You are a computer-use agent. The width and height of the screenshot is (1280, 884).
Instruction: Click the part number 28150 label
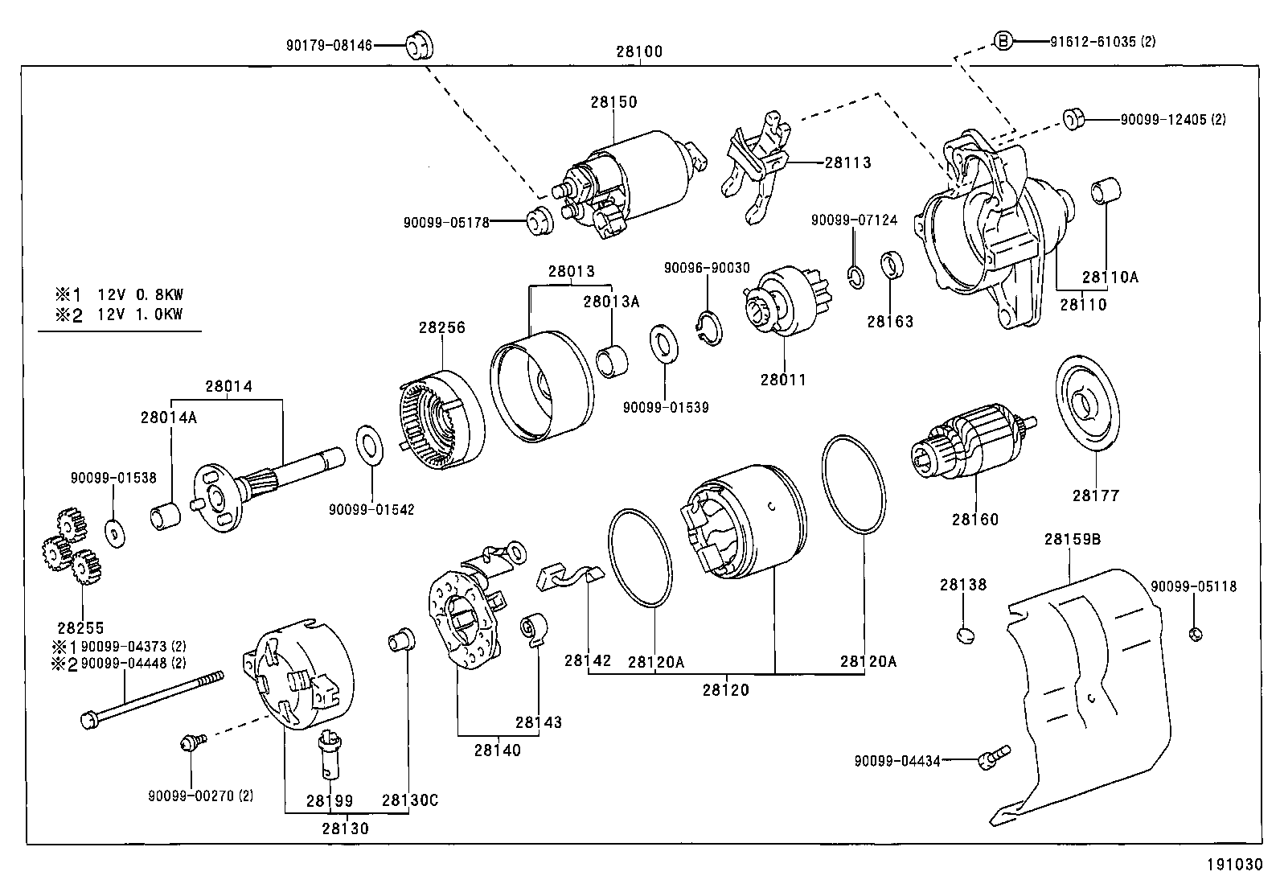click(613, 102)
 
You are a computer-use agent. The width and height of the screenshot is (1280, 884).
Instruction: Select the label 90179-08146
click(329, 46)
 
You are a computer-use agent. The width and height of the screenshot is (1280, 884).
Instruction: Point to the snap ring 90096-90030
click(708, 327)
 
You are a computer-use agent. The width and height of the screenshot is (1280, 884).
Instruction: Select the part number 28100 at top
click(639, 51)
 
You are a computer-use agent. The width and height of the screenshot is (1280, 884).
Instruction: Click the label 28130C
click(409, 800)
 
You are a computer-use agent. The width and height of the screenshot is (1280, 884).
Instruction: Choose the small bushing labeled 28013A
click(613, 360)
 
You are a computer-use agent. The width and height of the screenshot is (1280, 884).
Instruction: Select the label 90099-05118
click(1193, 587)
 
